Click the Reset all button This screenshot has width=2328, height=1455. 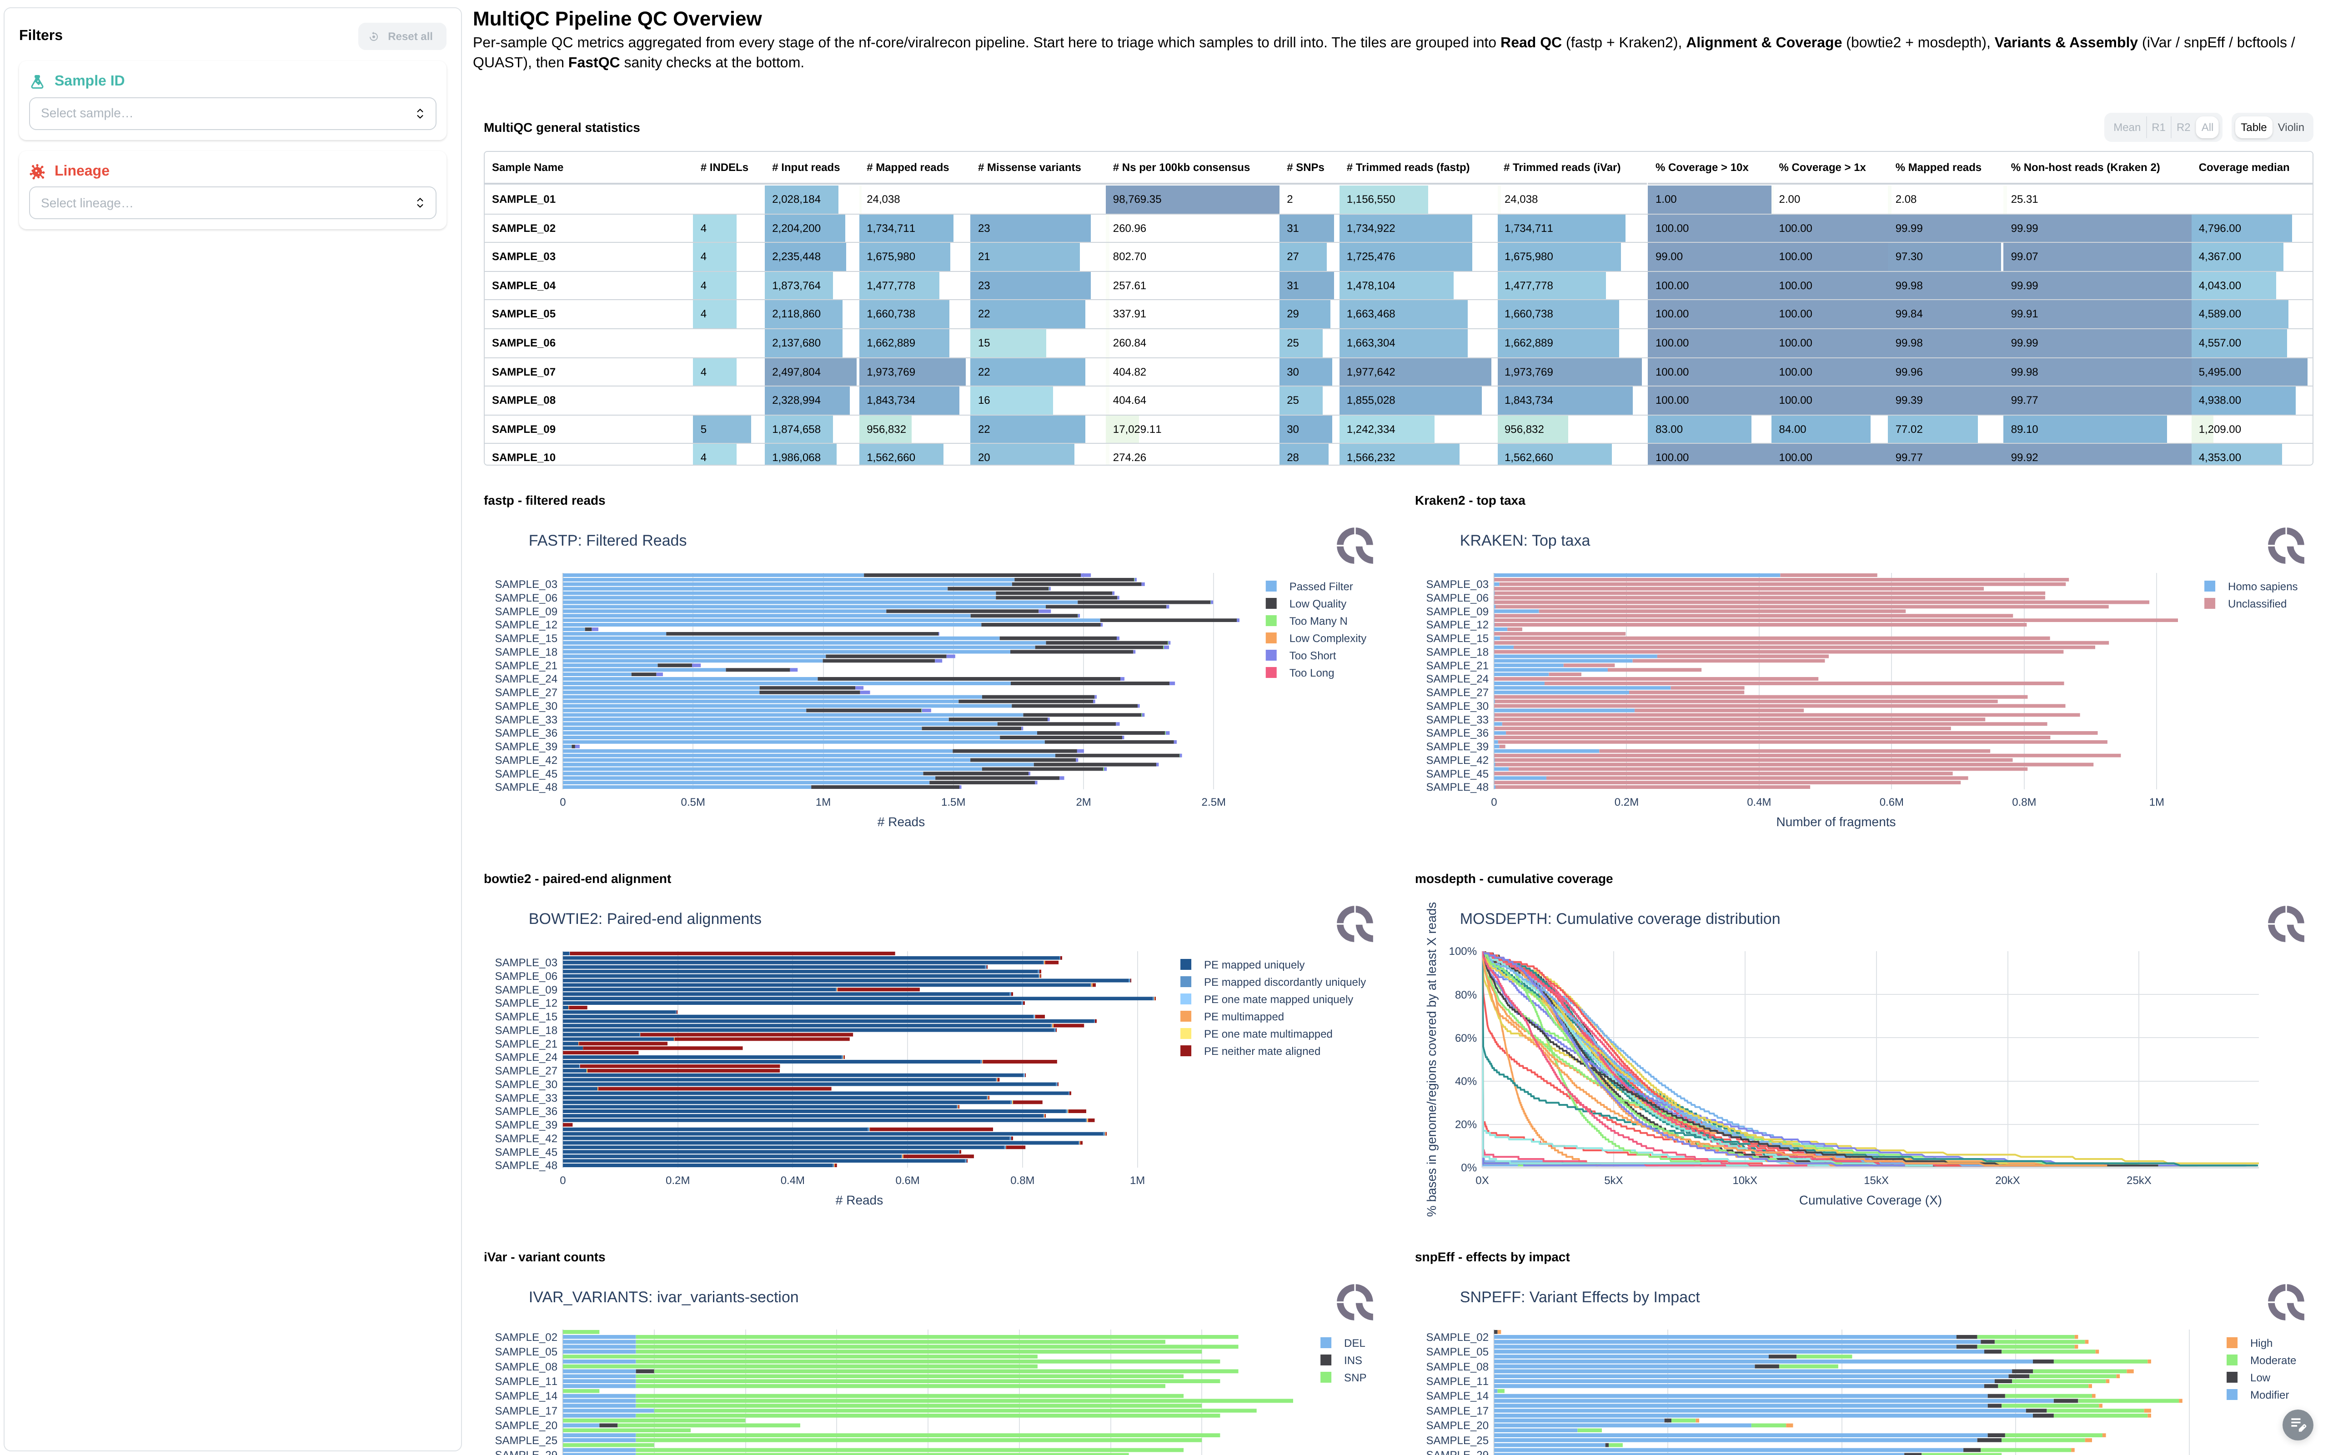[x=402, y=36]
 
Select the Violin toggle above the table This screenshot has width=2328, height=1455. [x=2290, y=127]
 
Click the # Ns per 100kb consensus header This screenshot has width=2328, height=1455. [x=1180, y=167]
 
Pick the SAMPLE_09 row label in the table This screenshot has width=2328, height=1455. [x=523, y=429]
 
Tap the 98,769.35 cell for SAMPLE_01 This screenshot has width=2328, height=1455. [x=1137, y=199]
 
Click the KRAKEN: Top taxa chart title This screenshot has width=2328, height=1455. [x=1525, y=541]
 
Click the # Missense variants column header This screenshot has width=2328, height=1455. [x=1029, y=167]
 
